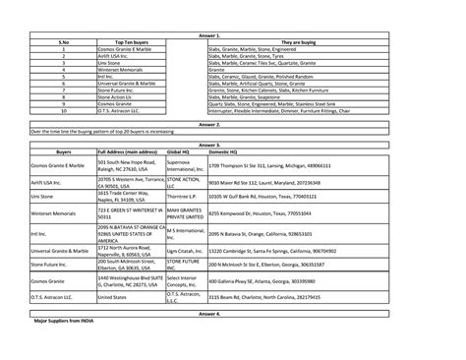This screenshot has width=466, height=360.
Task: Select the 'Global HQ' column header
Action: coord(178,153)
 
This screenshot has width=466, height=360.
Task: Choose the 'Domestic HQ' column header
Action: coord(224,153)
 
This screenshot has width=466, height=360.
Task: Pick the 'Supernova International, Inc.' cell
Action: coord(185,166)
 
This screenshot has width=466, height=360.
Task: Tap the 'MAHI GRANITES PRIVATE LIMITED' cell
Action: coord(185,211)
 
